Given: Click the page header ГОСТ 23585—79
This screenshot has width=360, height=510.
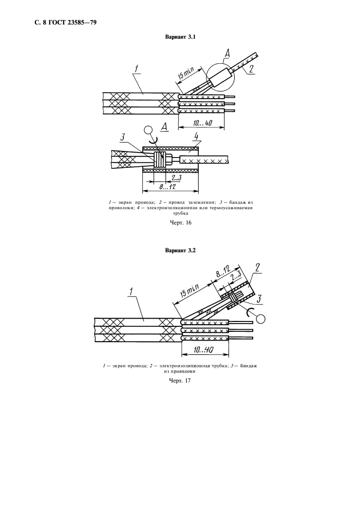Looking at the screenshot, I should (x=65, y=22).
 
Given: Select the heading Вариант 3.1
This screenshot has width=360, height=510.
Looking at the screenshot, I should (x=180, y=38).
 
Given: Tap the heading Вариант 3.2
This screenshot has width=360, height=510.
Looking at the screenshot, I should (x=180, y=251).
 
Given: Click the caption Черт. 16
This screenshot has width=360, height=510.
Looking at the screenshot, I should (x=180, y=222).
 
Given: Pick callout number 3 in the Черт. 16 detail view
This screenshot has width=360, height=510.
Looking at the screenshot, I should (x=124, y=137).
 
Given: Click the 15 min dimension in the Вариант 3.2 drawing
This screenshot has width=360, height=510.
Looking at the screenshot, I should (x=190, y=291).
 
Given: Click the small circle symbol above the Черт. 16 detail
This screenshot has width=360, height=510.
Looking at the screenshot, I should (x=147, y=131).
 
